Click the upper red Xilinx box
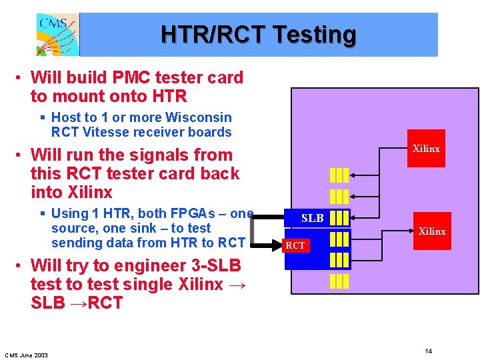point(426,149)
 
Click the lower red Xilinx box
point(431,231)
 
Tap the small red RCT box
point(295,245)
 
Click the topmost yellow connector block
point(339,175)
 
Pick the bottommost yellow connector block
point(339,281)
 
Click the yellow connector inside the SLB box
point(339,218)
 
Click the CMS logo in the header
point(57,35)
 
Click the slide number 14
point(429,351)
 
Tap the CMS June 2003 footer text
point(26,355)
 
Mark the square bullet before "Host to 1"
point(42,117)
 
